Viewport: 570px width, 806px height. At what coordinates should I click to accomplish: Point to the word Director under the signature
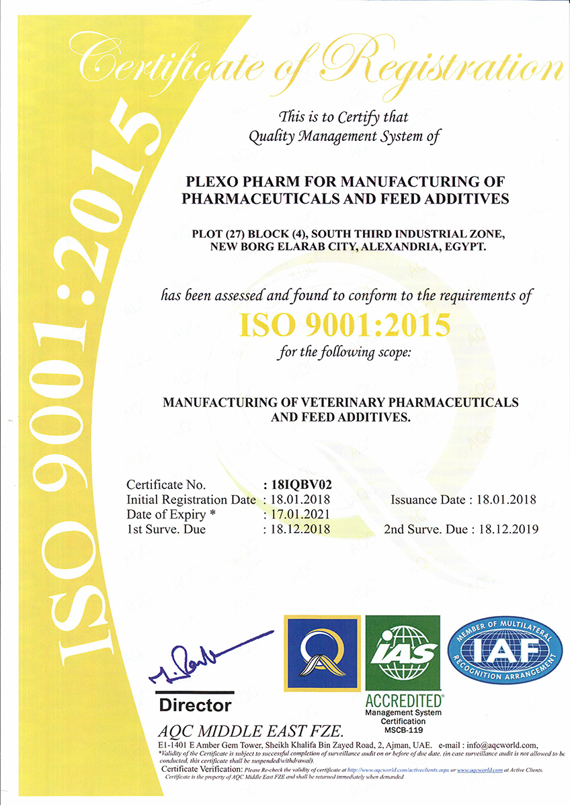point(195,705)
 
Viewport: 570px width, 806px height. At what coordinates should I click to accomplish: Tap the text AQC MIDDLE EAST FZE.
point(251,731)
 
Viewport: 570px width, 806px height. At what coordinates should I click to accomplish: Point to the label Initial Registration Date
point(192,500)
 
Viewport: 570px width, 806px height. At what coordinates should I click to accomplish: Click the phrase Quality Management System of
point(343,137)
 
